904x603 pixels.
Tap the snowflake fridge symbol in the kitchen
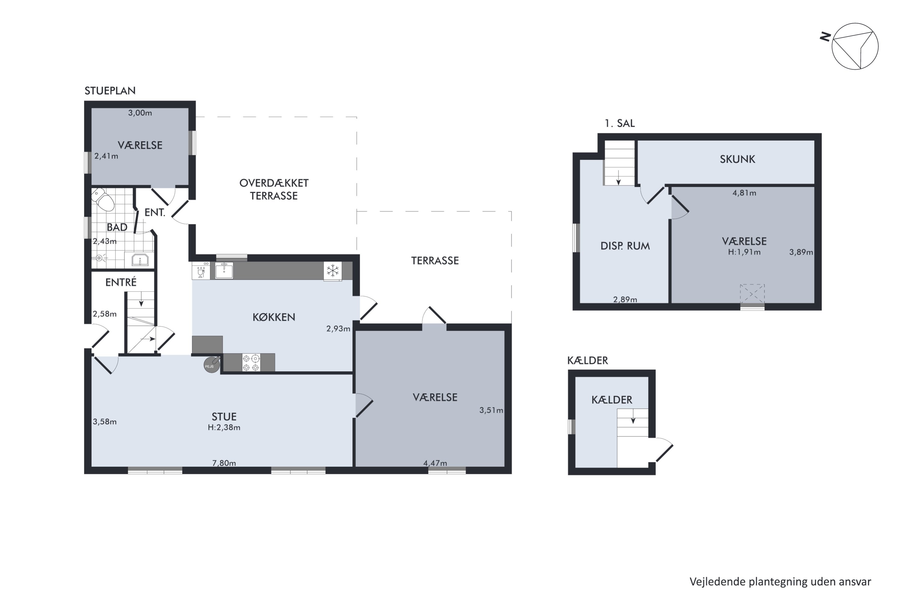point(332,271)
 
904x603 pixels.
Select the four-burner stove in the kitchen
point(251,363)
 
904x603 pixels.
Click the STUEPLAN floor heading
point(110,91)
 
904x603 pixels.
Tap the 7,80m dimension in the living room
point(224,463)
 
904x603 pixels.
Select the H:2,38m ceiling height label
point(224,427)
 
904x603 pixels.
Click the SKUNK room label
point(737,159)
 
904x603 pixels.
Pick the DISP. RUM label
point(625,246)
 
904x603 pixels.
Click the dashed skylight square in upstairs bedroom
point(752,294)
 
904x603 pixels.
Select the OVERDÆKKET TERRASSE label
point(274,189)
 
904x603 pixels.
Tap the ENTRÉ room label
point(121,282)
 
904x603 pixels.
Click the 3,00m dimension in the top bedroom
point(140,113)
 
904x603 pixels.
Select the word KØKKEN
point(274,317)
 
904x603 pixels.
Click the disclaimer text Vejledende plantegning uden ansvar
point(780,582)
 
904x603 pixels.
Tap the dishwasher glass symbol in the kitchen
point(201,270)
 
